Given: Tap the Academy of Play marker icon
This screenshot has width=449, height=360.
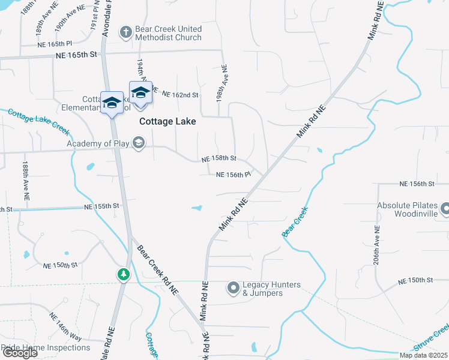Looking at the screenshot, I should [x=139, y=143].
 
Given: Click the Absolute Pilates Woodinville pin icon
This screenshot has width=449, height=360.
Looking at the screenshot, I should [x=445, y=209].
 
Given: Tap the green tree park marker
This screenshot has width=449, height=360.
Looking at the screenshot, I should [x=124, y=274].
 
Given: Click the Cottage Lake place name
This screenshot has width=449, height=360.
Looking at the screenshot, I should [x=167, y=121].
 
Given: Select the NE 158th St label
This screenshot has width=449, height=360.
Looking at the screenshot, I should [x=219, y=158].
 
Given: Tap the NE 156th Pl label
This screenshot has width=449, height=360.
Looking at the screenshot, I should [x=233, y=175].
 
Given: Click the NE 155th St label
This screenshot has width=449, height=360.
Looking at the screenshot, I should [x=102, y=206].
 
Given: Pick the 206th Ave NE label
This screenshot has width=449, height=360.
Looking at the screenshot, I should [x=376, y=245].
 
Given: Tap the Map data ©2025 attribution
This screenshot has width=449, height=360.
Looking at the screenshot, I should [x=423, y=355].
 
